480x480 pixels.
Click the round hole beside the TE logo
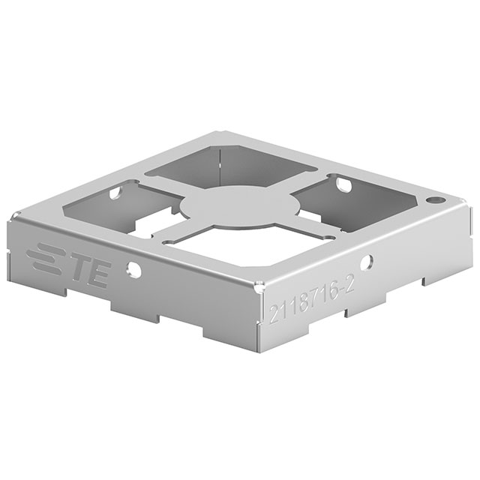[x=133, y=268]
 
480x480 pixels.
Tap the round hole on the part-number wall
[x=367, y=262]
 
